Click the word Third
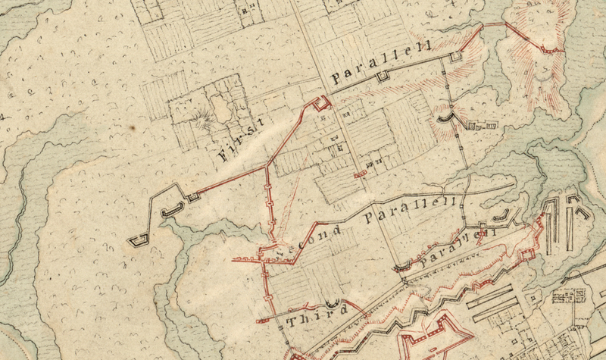coord(318,313)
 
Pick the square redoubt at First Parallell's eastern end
coord(454,57)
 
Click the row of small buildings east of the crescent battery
coord(482,124)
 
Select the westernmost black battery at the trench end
coord(138,241)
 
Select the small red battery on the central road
coord(361,174)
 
